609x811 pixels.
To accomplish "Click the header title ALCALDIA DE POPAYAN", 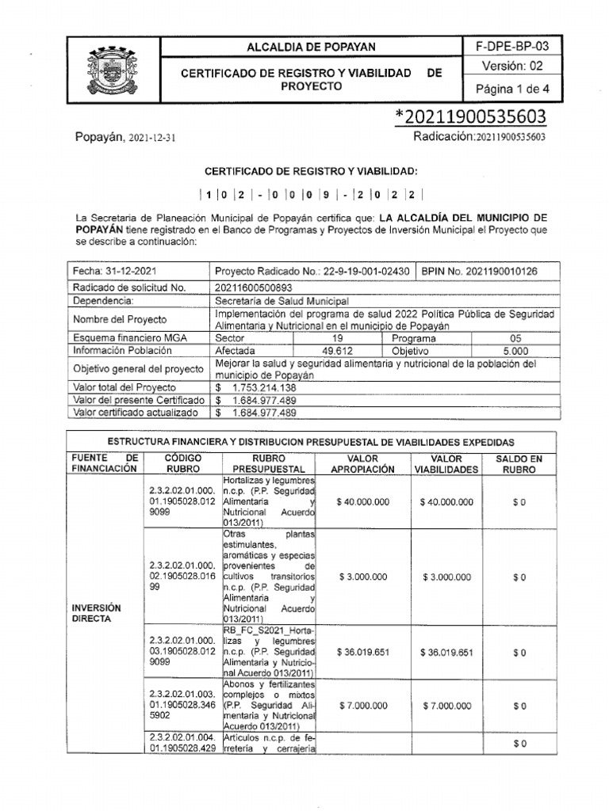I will coord(312,48).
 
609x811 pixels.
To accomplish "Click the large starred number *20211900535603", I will coord(470,116).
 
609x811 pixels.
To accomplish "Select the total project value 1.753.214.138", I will coord(265,388).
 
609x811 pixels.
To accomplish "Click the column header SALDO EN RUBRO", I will coord(519,463).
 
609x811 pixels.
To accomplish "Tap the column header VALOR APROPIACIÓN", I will coord(362,463).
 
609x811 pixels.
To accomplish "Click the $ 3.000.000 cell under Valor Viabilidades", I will coord(447,577).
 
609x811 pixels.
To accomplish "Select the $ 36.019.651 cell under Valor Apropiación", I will coord(362,653).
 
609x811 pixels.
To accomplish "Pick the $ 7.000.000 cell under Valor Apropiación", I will coord(362,705).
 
